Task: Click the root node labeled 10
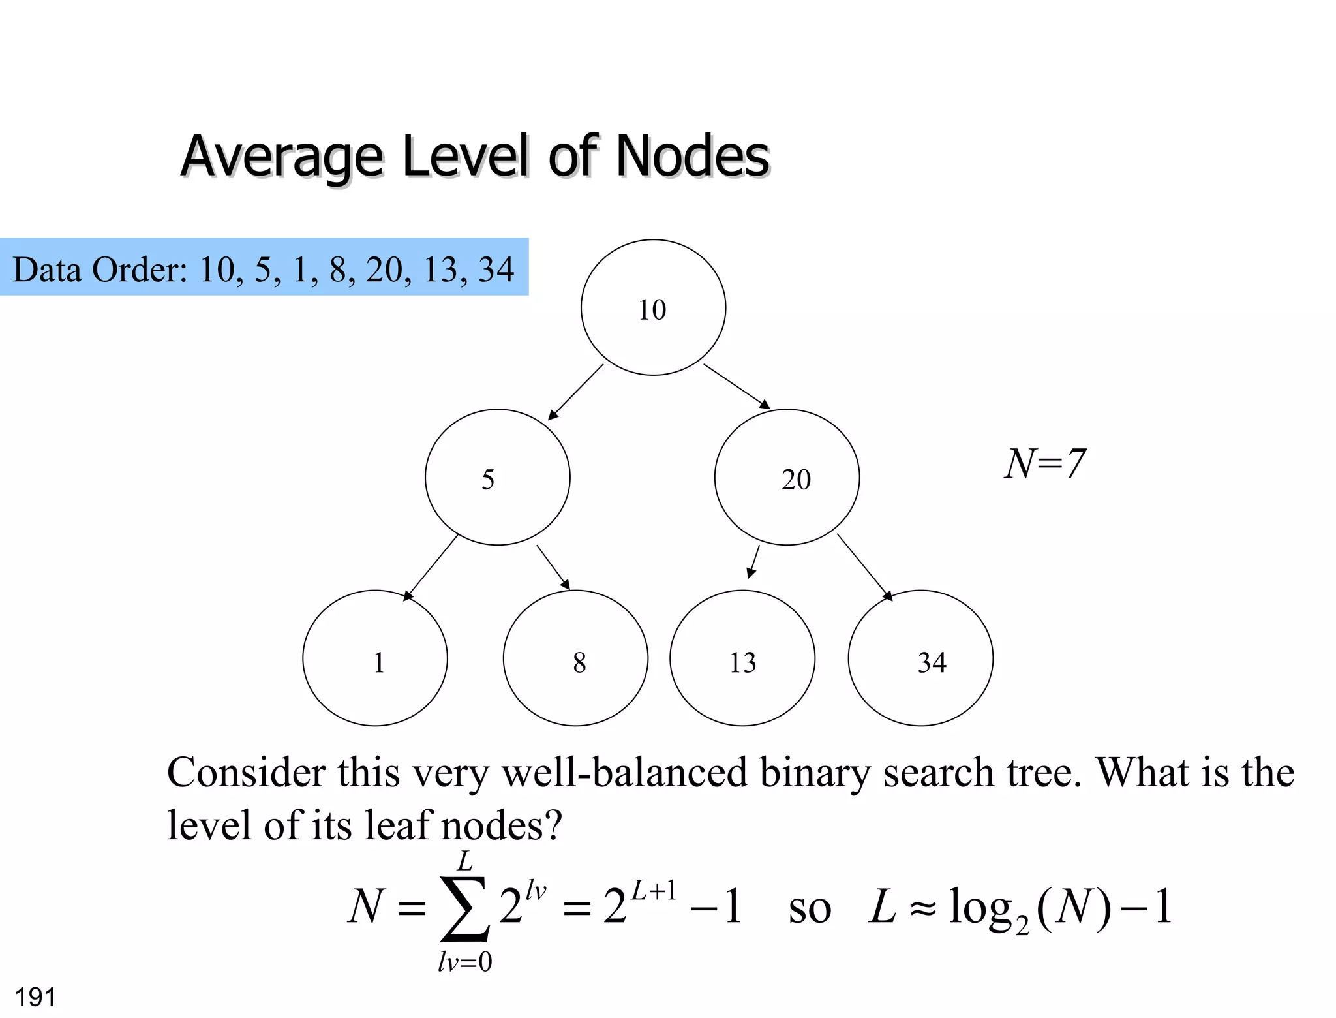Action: pyautogui.click(x=653, y=307)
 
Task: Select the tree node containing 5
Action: pyautogui.click(x=497, y=477)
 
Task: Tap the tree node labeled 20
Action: pyautogui.click(x=787, y=477)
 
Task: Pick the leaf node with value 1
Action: pyautogui.click(x=375, y=658)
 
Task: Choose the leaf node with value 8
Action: pyautogui.click(x=575, y=658)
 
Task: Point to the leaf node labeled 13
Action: pyautogui.click(x=742, y=658)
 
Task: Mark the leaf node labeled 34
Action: pyautogui.click(x=920, y=658)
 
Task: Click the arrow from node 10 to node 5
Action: pyautogui.click(x=575, y=392)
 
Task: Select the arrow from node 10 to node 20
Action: pyautogui.click(x=736, y=386)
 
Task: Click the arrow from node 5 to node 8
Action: pyautogui.click(x=553, y=567)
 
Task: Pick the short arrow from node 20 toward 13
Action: pyautogui.click(x=753, y=562)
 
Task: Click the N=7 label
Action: pyautogui.click(x=1044, y=464)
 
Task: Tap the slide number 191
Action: pyautogui.click(x=35, y=997)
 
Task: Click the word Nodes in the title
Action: pyautogui.click(x=692, y=157)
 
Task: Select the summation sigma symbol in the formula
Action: pyautogui.click(x=464, y=909)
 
